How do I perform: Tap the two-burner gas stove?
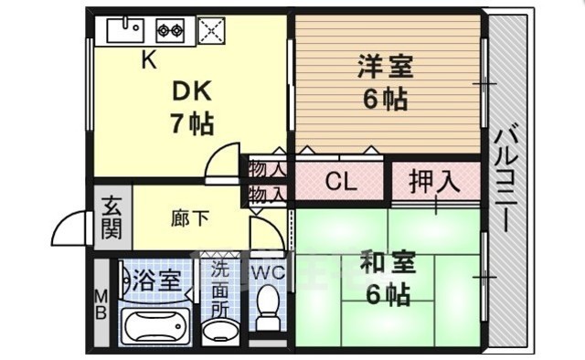170,30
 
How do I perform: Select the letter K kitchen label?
148,61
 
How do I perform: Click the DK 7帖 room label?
191,106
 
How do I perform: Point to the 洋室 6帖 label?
384,82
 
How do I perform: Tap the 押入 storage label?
434,181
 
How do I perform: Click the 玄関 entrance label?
111,217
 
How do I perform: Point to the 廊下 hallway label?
190,218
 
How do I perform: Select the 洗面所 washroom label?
219,289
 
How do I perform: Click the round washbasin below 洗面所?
219,330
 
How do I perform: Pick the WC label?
266,271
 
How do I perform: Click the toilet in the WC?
268,308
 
